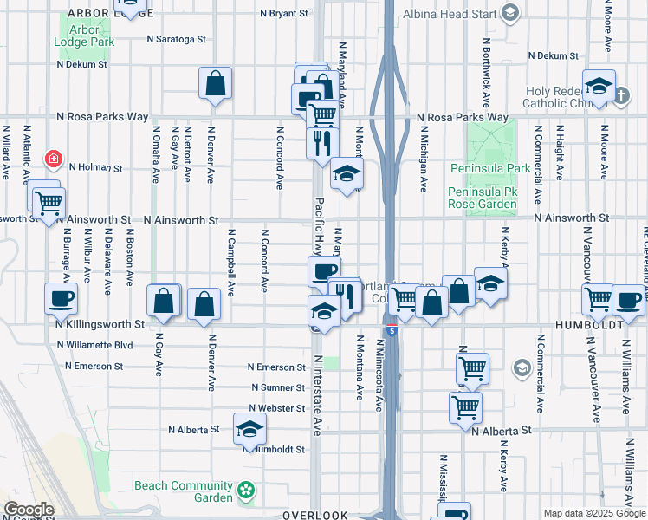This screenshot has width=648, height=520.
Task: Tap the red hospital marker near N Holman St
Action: [x=54, y=159]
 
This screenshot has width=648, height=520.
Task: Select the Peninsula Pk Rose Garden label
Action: [x=482, y=198]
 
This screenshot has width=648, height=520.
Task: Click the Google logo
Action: [x=28, y=510]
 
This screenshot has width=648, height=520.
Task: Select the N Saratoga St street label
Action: [x=176, y=39]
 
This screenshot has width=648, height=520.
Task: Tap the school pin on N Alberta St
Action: [x=249, y=428]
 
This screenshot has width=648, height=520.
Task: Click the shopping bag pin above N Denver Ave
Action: [x=215, y=84]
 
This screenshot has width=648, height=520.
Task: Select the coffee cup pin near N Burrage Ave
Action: [x=61, y=299]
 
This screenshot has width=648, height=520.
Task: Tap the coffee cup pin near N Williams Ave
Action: [x=628, y=300]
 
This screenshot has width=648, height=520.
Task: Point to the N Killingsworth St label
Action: [x=100, y=324]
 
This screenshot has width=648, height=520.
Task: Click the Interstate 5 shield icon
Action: [x=392, y=330]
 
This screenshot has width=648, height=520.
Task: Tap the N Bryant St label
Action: [x=284, y=14]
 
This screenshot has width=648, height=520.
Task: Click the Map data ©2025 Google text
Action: [x=593, y=513]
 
